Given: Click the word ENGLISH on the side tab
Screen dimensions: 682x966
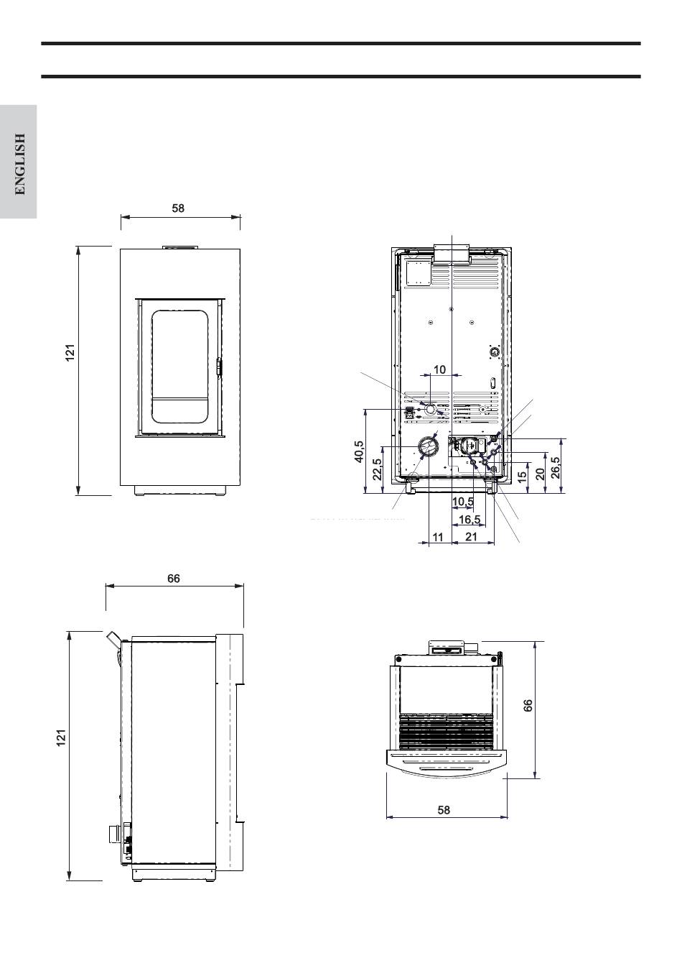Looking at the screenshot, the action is [19, 164].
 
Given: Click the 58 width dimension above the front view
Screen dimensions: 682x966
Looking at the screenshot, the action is [178, 208].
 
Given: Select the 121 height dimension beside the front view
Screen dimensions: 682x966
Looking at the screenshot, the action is [70, 352].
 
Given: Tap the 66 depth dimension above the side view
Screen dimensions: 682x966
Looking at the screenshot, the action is [174, 579].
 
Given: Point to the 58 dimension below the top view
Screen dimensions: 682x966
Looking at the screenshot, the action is [444, 810].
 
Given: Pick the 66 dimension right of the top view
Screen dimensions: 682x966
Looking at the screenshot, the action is [528, 705].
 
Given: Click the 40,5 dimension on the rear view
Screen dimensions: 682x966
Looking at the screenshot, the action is [360, 451].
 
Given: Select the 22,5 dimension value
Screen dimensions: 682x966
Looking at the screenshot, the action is [377, 469].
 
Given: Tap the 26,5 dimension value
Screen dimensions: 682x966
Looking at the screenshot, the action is [556, 468].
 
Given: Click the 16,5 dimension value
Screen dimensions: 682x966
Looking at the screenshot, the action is [470, 519].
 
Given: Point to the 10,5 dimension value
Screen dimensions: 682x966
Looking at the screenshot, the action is [463, 502].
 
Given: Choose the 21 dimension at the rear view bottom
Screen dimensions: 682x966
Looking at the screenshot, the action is [472, 536].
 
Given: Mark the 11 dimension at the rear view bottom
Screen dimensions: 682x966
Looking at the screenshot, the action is [438, 537].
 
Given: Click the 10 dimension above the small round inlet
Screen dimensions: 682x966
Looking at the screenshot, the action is [439, 369].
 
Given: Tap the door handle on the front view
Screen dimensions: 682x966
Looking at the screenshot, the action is [219, 367].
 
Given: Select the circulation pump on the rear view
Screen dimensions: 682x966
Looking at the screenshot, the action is [467, 445].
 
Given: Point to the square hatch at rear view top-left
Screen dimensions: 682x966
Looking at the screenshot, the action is [418, 271].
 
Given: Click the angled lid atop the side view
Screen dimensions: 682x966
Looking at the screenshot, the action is [113, 639].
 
